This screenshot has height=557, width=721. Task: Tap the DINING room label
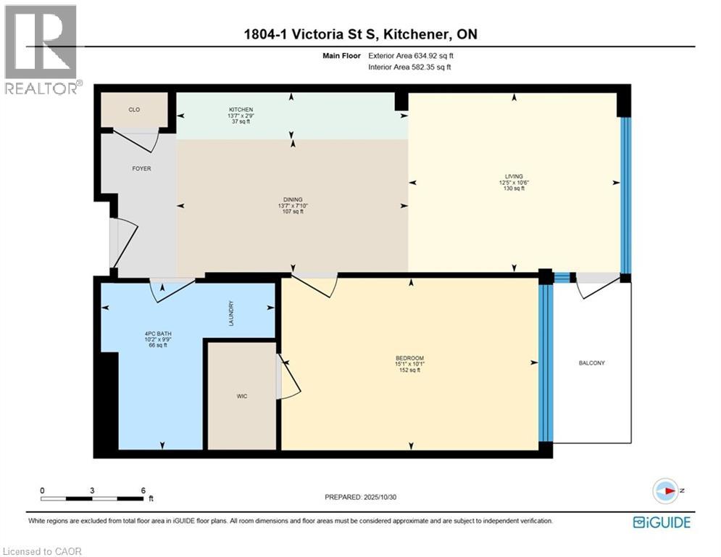point(293,199)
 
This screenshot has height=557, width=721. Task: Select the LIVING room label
point(514,176)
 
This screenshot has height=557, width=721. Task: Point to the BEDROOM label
point(409,358)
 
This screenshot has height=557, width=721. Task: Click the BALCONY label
point(591,363)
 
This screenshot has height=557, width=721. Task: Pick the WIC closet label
point(242,396)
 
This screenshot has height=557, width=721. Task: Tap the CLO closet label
point(134,110)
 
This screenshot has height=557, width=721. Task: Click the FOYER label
point(141,168)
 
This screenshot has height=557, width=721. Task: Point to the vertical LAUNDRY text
point(230,313)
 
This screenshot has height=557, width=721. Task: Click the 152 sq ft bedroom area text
point(409,371)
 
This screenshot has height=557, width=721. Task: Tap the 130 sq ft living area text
point(514,189)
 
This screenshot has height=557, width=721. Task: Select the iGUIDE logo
point(661,522)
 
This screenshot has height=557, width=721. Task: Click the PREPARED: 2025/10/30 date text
point(360,497)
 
